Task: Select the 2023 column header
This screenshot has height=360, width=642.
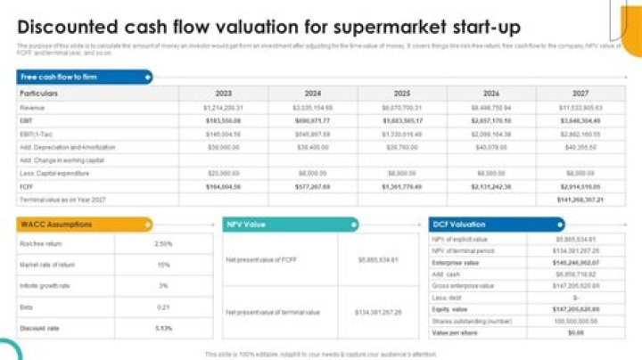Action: (224, 93)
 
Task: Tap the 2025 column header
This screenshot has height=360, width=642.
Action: (401, 93)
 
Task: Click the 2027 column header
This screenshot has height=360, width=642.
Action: (580, 93)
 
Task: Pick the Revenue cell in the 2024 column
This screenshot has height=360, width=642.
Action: (313, 107)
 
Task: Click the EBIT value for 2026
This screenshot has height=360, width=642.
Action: (491, 119)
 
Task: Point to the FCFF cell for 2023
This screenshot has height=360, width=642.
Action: (224, 187)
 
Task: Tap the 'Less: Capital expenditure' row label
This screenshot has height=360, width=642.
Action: (53, 174)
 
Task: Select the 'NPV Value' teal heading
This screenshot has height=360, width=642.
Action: (250, 225)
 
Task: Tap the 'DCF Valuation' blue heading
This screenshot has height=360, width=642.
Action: (460, 225)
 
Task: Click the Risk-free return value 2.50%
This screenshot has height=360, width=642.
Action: (163, 243)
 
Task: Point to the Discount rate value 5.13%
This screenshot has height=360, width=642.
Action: (163, 328)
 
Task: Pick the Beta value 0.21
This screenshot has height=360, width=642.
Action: (163, 307)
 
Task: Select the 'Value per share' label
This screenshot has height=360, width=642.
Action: (451, 331)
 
